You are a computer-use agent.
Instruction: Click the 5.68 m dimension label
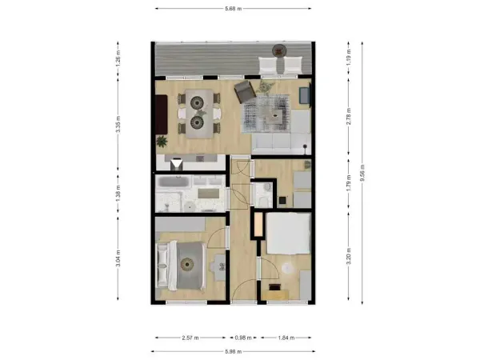[234, 8]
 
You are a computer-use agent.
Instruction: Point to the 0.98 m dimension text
[242, 338]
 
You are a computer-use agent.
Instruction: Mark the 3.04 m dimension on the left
[118, 258]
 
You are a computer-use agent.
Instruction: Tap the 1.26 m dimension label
[118, 60]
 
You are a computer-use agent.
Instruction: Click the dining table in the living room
[198, 112]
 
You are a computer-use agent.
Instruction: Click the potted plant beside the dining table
[162, 142]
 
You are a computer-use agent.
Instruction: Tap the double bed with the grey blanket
[186, 266]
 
